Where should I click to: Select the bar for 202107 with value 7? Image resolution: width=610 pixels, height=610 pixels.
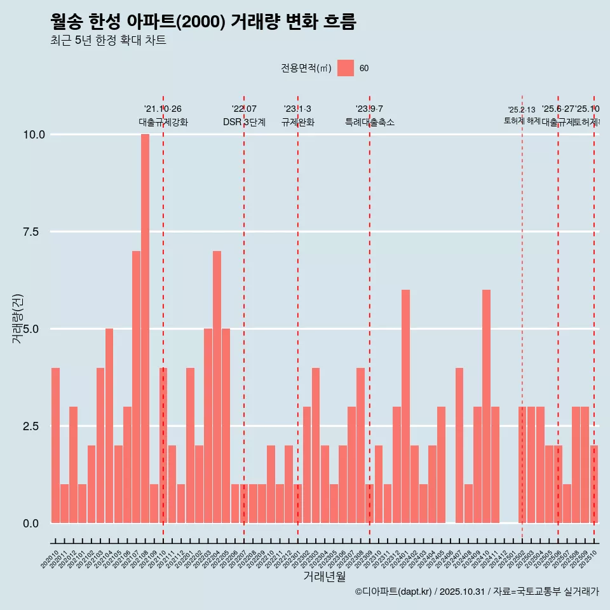tap(136, 387)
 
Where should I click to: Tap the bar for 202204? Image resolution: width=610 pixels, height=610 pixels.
tap(217, 387)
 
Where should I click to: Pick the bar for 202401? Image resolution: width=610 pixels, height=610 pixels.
tap(405, 407)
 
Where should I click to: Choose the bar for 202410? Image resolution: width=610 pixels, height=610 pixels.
tap(486, 407)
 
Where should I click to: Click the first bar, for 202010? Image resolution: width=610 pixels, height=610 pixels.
tap(55, 445)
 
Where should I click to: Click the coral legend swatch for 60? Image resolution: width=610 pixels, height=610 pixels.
tap(346, 68)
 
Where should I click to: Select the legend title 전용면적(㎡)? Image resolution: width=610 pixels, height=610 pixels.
tap(306, 69)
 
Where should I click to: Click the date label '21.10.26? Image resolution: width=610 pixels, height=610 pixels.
tap(163, 109)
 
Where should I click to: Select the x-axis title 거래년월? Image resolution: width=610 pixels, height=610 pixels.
tap(324, 576)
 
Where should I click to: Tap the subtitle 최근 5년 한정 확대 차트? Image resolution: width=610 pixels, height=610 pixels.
tap(108, 41)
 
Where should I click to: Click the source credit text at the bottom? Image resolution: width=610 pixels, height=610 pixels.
tap(477, 592)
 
